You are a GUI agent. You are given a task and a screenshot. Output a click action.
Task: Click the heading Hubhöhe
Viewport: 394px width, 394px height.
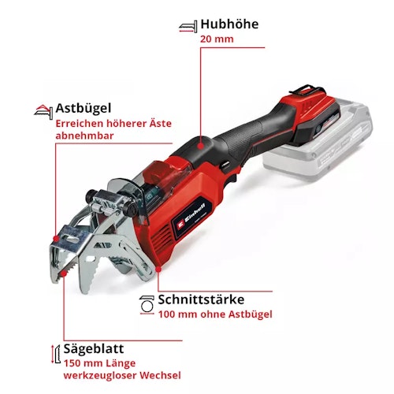tap(229, 24)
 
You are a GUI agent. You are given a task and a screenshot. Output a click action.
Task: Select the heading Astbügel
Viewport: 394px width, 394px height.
tap(83, 108)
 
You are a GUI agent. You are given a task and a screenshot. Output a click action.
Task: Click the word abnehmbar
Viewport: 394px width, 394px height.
tap(85, 136)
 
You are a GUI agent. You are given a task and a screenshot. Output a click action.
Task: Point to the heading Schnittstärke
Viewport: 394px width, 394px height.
tap(206, 300)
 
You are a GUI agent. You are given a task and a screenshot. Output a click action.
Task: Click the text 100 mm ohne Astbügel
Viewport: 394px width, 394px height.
tap(215, 315)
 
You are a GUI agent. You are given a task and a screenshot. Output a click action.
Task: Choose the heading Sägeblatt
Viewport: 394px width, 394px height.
tap(89, 348)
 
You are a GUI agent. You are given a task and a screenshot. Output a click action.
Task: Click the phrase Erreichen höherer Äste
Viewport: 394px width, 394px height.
tap(113, 124)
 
